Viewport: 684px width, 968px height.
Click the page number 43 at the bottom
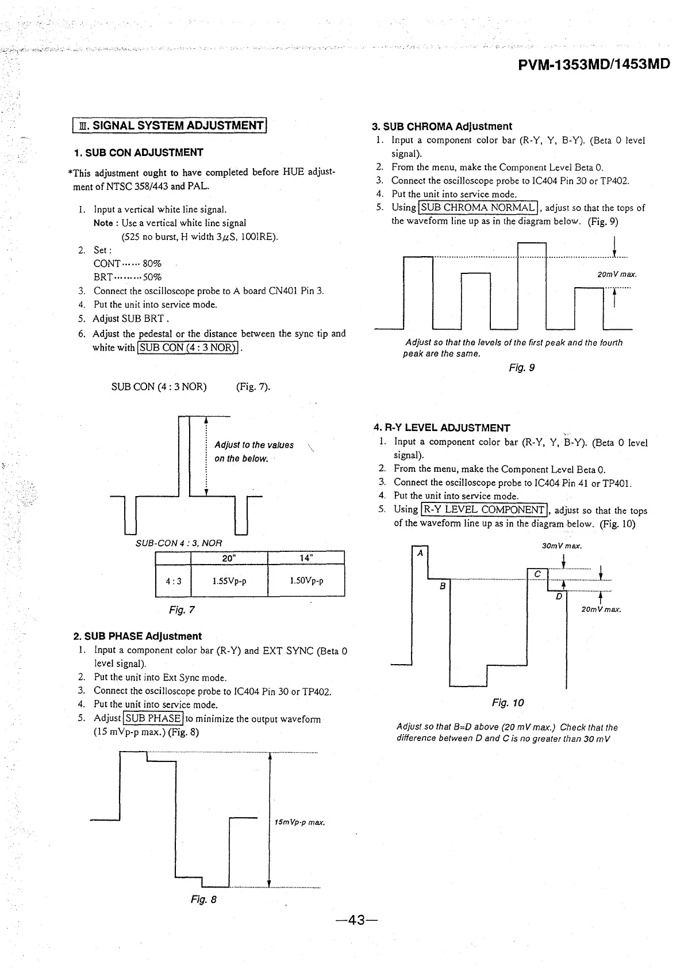coord(357,920)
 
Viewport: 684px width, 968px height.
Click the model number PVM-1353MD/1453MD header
coord(594,64)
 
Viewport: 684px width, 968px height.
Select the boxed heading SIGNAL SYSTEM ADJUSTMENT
coord(171,125)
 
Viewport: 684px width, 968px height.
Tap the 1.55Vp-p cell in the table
coord(229,581)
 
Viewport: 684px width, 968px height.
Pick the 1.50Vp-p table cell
coord(306,581)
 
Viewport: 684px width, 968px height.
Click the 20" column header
coord(229,558)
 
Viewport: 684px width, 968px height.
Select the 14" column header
coord(306,558)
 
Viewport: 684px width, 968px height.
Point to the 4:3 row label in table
coord(174,581)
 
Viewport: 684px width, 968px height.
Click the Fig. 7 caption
coord(182,609)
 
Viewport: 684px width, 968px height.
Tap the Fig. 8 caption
coord(203,900)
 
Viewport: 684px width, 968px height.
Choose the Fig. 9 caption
coord(522,367)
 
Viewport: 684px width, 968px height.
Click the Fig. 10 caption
coord(508,703)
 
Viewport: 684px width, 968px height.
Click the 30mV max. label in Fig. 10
coord(562,546)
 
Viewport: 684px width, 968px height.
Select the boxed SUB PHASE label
coord(153,718)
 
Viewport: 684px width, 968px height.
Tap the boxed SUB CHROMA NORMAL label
coord(478,207)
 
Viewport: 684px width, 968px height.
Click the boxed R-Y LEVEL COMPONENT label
coord(485,509)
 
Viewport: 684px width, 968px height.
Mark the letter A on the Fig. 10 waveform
coord(420,553)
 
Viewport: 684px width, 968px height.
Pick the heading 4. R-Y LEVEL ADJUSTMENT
coord(441,428)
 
